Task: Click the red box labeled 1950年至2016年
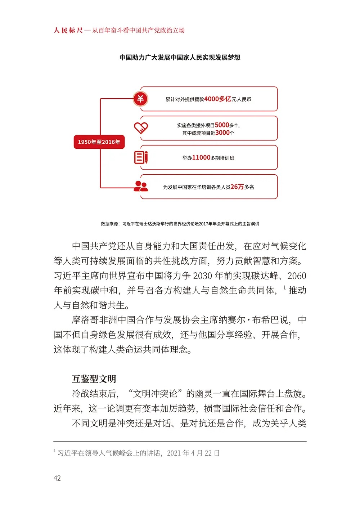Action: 99,142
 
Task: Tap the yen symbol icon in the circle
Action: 140,99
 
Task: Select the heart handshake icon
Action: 141,127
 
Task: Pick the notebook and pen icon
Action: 141,157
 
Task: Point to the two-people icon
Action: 141,186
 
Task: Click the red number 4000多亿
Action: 218,99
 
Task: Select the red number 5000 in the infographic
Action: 222,125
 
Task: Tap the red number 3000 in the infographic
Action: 222,133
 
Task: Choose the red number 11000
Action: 201,157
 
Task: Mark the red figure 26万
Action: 237,187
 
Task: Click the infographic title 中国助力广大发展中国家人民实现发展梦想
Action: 180,57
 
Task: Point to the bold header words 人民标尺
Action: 68,30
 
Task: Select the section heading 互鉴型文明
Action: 94,379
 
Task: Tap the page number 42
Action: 57,478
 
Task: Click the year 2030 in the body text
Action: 203,276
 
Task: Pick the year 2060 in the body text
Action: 297,276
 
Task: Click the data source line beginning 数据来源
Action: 180,224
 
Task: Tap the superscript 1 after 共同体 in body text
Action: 284,287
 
